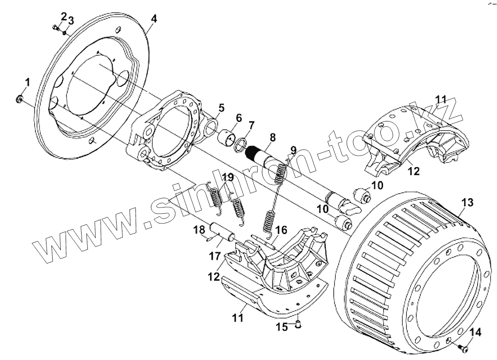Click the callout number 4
153,19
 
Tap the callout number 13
467,203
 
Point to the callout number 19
227,177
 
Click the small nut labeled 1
20,98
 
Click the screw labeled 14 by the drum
464,349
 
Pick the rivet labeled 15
298,327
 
